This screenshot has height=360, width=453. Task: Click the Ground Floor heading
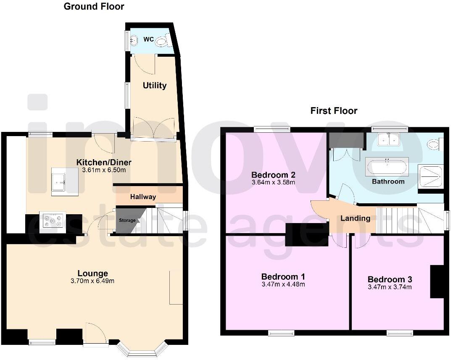pos(94,6)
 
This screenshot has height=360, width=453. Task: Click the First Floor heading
pos(334,111)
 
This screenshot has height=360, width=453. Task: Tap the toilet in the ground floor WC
pos(161,41)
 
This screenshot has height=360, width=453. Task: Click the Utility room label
pos(155,86)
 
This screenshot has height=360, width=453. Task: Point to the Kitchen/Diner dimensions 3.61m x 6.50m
pos(104,170)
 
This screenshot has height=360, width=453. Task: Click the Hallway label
pos(143,197)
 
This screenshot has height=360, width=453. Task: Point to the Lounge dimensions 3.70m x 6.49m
pos(92,281)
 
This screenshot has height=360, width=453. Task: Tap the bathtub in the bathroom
pos(387,167)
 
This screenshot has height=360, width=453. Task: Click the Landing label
pos(355,218)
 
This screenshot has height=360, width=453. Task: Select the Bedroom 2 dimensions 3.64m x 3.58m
pos(273,182)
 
